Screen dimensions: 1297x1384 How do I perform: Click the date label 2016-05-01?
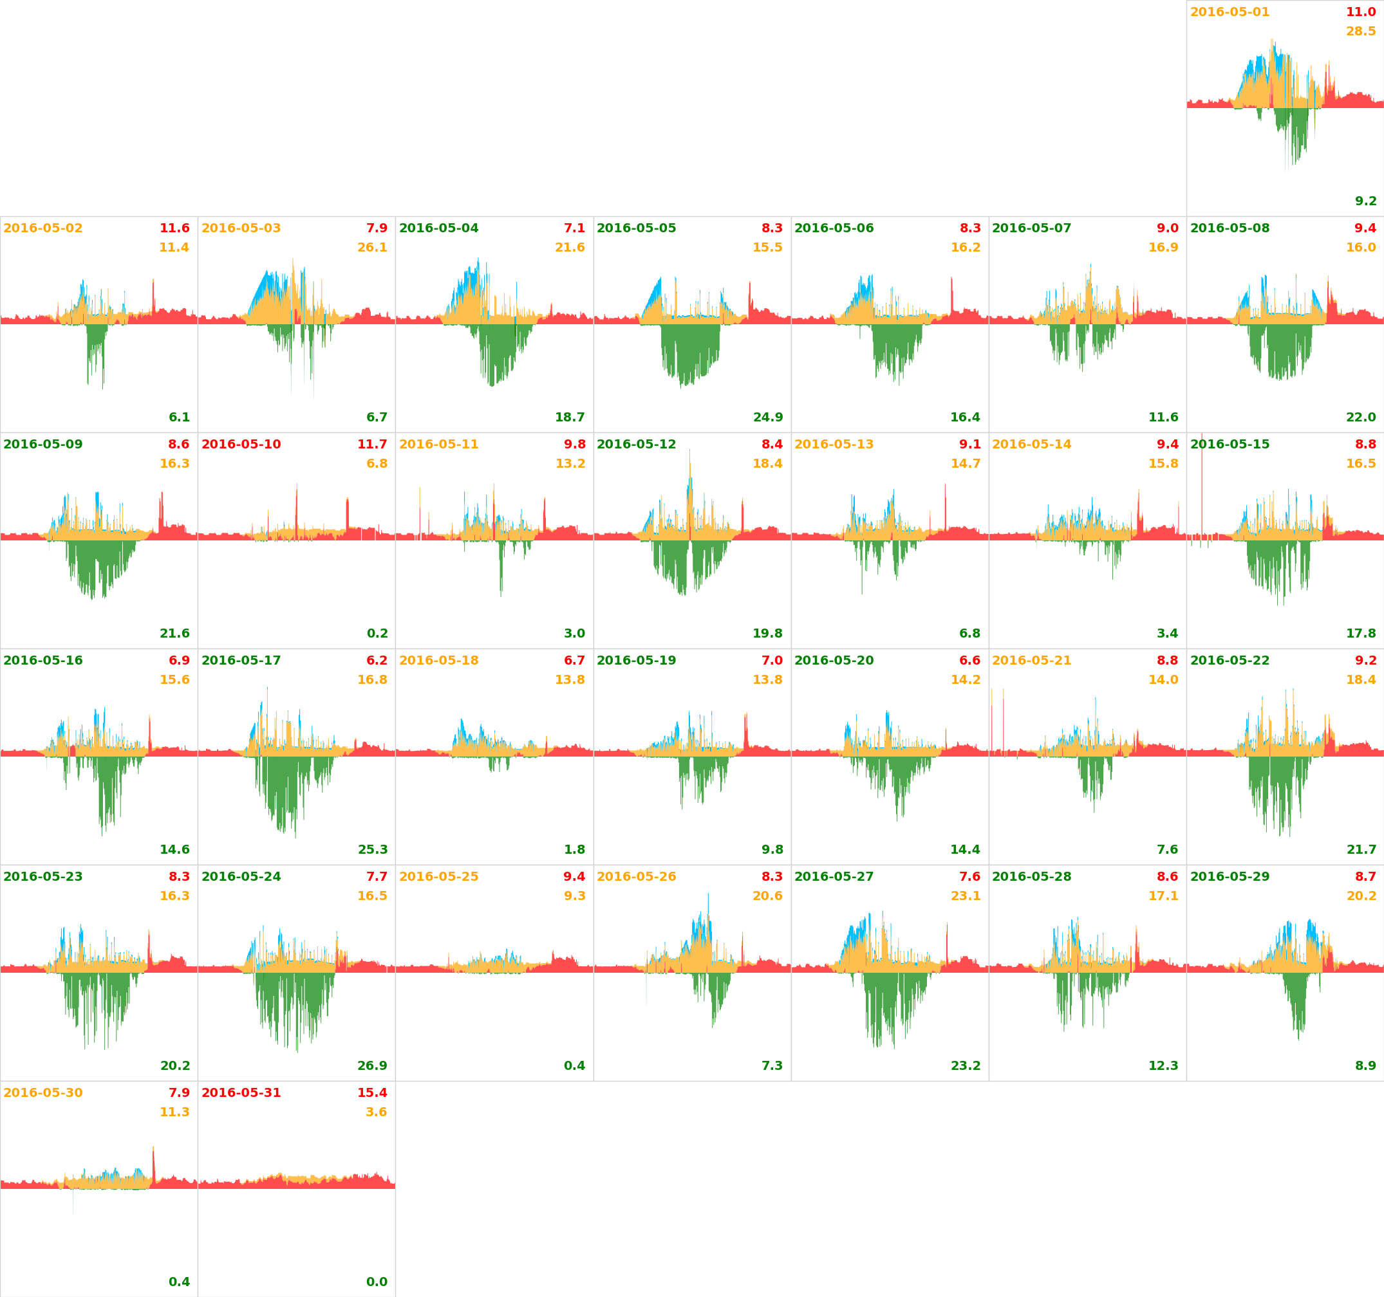[1230, 12]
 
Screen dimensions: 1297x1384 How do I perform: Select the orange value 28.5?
[1360, 32]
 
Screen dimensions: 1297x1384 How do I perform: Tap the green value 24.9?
[768, 418]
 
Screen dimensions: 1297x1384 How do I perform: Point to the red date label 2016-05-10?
[241, 445]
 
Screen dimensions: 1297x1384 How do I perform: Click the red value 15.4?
[372, 1093]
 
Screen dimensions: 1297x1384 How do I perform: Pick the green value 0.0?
[377, 1282]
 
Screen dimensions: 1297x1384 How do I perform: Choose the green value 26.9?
[372, 1066]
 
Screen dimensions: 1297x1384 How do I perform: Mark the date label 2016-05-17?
[241, 660]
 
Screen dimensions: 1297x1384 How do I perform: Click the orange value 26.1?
[372, 248]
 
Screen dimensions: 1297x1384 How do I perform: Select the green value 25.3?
[373, 850]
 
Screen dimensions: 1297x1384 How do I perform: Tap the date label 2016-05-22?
[1230, 660]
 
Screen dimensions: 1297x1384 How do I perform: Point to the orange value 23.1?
[966, 896]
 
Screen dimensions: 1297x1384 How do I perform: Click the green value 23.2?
[966, 1066]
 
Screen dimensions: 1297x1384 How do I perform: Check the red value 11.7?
[372, 445]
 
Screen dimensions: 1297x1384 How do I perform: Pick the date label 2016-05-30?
[43, 1093]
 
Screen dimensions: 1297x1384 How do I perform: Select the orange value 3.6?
[376, 1112]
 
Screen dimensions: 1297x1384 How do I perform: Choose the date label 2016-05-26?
[636, 877]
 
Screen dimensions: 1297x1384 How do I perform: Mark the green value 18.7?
[570, 418]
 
